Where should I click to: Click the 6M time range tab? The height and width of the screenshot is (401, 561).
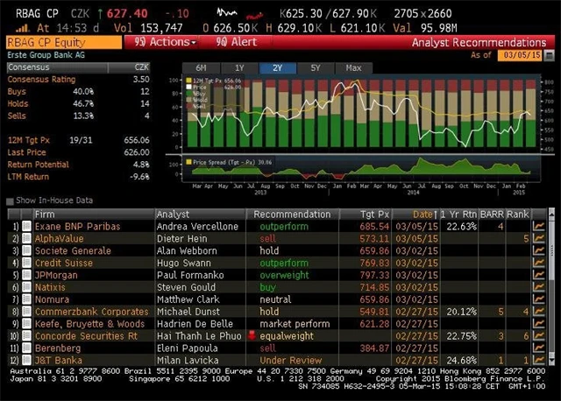coord(201,67)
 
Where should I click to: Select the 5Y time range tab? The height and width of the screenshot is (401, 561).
coord(316,67)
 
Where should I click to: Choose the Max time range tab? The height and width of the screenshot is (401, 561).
coord(353,67)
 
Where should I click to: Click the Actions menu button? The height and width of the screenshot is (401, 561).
coord(163,42)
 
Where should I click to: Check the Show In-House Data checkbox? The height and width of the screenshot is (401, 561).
coord(11,200)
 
